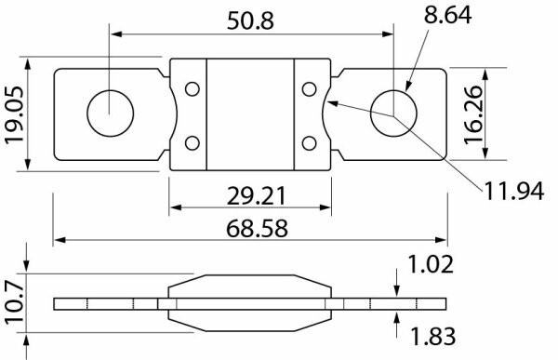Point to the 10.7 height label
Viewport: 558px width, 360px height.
point(13,302)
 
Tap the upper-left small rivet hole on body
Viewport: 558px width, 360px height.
point(192,89)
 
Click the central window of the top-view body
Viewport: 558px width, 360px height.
point(250,115)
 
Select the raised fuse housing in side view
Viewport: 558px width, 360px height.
point(250,303)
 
